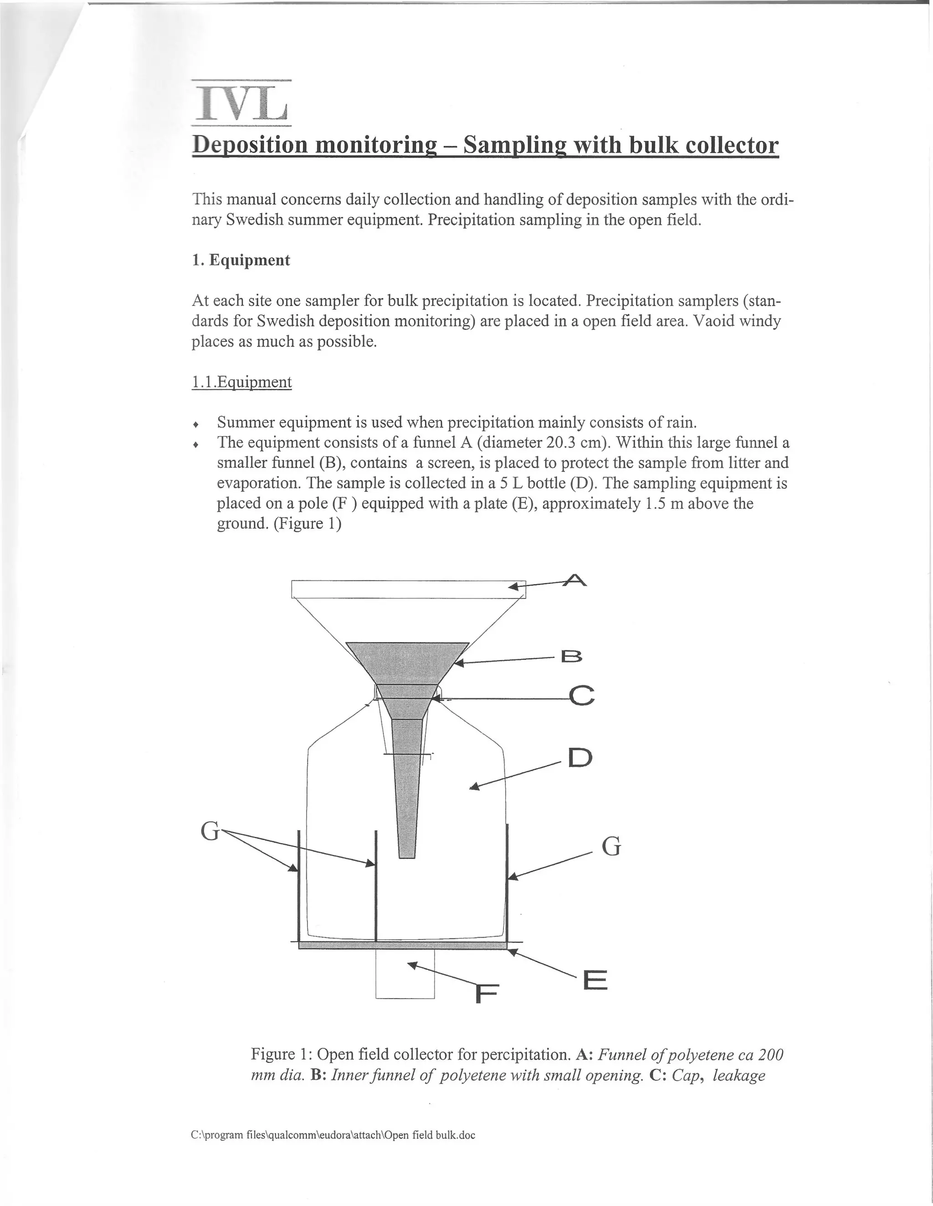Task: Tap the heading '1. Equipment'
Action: coord(241,260)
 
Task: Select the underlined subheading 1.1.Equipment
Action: coord(241,382)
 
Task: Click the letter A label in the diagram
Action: coord(575,581)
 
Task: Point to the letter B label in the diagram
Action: coord(571,657)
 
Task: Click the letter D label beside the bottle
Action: coord(579,758)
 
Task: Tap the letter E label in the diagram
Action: coord(595,981)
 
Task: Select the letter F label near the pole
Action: coord(487,995)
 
